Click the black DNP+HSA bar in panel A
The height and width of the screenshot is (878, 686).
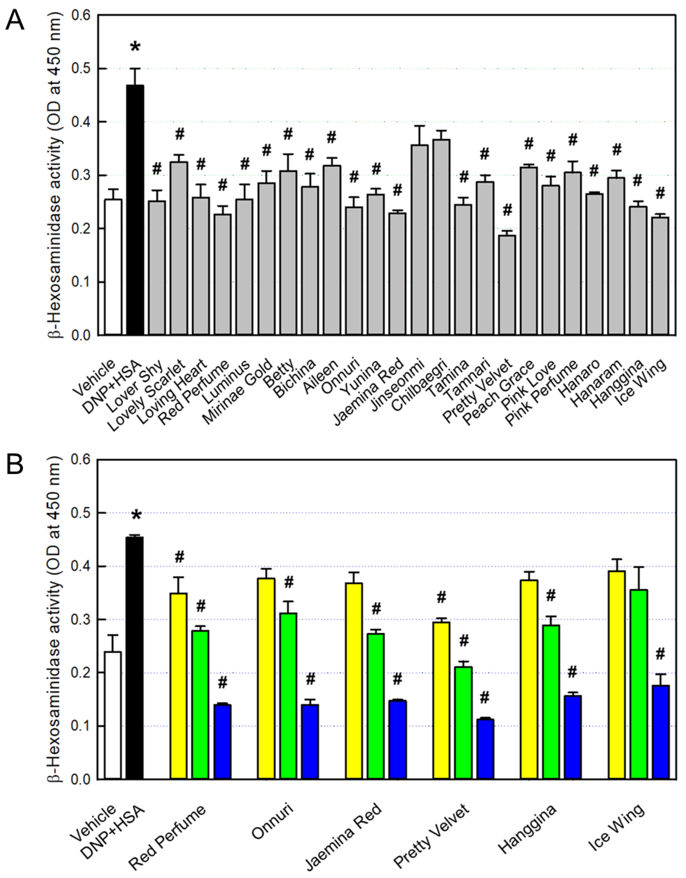(x=135, y=209)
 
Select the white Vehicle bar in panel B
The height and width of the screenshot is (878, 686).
(x=113, y=715)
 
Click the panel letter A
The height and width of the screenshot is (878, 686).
(x=15, y=20)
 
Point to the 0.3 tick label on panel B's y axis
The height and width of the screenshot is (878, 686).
(x=81, y=620)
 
